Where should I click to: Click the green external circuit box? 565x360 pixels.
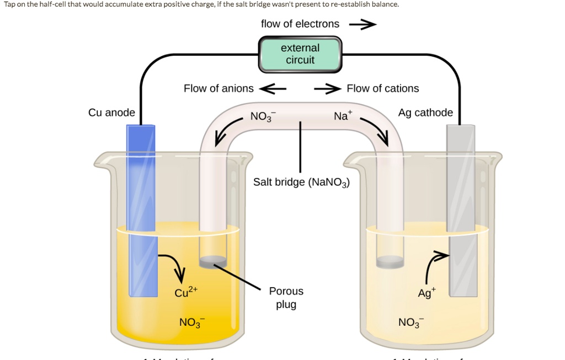click(x=300, y=54)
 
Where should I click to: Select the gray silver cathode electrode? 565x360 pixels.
click(x=461, y=209)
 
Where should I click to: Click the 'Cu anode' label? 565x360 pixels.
click(x=111, y=112)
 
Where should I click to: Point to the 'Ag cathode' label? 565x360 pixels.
click(x=425, y=112)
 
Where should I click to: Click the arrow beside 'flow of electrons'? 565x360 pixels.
click(x=363, y=24)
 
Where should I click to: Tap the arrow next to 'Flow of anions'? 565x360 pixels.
click(x=273, y=88)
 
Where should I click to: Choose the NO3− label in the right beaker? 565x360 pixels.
click(x=409, y=323)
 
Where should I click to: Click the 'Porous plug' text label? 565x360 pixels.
click(x=286, y=298)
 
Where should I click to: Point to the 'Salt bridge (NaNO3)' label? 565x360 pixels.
click(x=301, y=182)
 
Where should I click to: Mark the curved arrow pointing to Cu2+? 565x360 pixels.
click(x=173, y=265)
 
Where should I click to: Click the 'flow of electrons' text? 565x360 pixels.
click(x=300, y=24)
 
